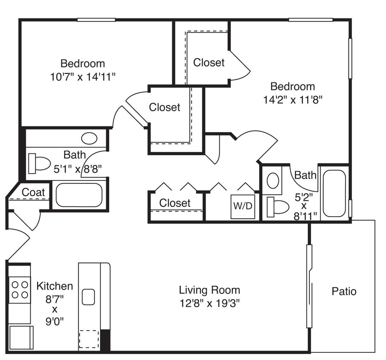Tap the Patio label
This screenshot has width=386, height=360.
pyautogui.click(x=344, y=291)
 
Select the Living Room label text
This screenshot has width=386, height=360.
pyautogui.click(x=209, y=290)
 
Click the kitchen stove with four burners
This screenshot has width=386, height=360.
pyautogui.click(x=20, y=289)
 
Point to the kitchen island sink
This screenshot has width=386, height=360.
pyautogui.click(x=88, y=297)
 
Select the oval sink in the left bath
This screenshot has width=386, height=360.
pyautogui.click(x=89, y=138)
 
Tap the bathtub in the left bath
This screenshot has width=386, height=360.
pyautogui.click(x=79, y=195)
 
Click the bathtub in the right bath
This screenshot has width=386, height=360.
pyautogui.click(x=334, y=193)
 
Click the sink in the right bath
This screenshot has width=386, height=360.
pyautogui.click(x=273, y=180)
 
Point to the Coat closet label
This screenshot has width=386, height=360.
pyautogui.click(x=33, y=192)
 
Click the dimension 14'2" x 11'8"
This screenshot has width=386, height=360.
pyautogui.click(x=293, y=100)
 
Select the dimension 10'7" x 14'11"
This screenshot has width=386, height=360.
pyautogui.click(x=83, y=77)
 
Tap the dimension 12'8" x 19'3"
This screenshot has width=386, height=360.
pyautogui.click(x=209, y=304)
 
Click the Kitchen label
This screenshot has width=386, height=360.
pyautogui.click(x=55, y=286)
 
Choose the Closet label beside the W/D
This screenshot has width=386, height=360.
pyautogui.click(x=175, y=203)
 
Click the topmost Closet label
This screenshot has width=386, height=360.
pyautogui.click(x=209, y=63)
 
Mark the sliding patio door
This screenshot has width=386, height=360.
pyautogui.click(x=310, y=286)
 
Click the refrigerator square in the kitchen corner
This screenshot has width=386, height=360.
pyautogui.click(x=20, y=338)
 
